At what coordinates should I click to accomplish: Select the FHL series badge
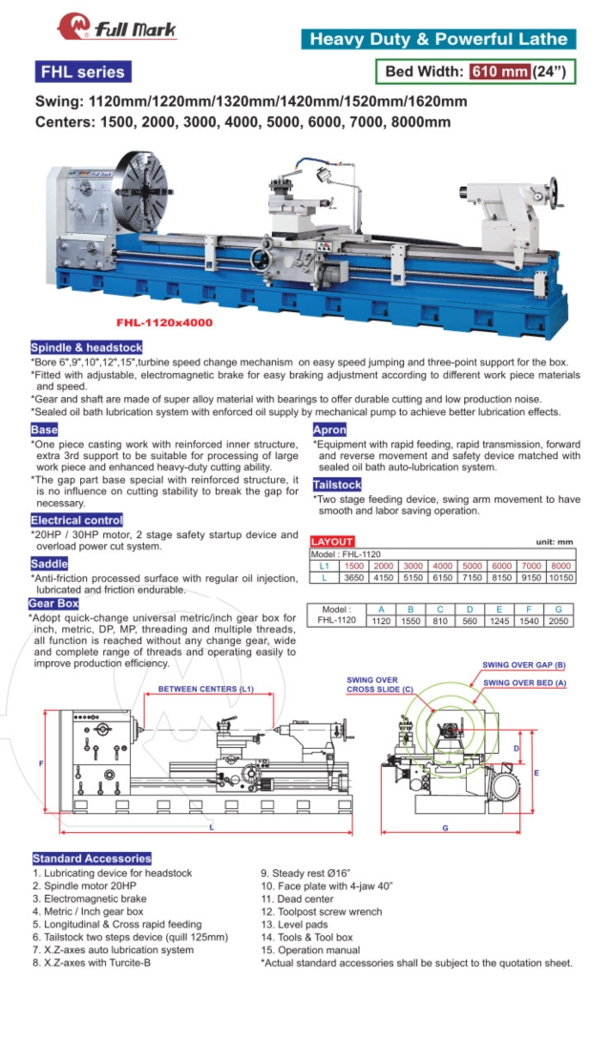pyautogui.click(x=81, y=72)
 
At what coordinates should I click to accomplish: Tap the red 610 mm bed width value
pyautogui.click(x=498, y=72)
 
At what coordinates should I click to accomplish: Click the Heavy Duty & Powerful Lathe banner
pyautogui.click(x=439, y=39)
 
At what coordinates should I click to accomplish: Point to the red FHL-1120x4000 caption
pyautogui.click(x=164, y=322)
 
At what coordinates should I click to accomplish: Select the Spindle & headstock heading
pyautogui.click(x=86, y=347)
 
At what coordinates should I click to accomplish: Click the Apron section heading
pyautogui.click(x=329, y=430)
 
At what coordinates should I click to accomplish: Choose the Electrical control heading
pyautogui.click(x=76, y=520)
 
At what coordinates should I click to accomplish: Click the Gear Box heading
pyautogui.click(x=53, y=603)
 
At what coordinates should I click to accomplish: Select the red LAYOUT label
pyautogui.click(x=332, y=541)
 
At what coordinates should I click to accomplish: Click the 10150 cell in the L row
pyautogui.click(x=561, y=577)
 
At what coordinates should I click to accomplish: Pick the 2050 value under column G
pyautogui.click(x=559, y=619)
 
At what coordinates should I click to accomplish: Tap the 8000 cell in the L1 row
pyautogui.click(x=561, y=566)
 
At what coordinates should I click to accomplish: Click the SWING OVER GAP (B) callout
pyautogui.click(x=524, y=664)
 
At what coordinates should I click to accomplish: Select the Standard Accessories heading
pyautogui.click(x=92, y=858)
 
